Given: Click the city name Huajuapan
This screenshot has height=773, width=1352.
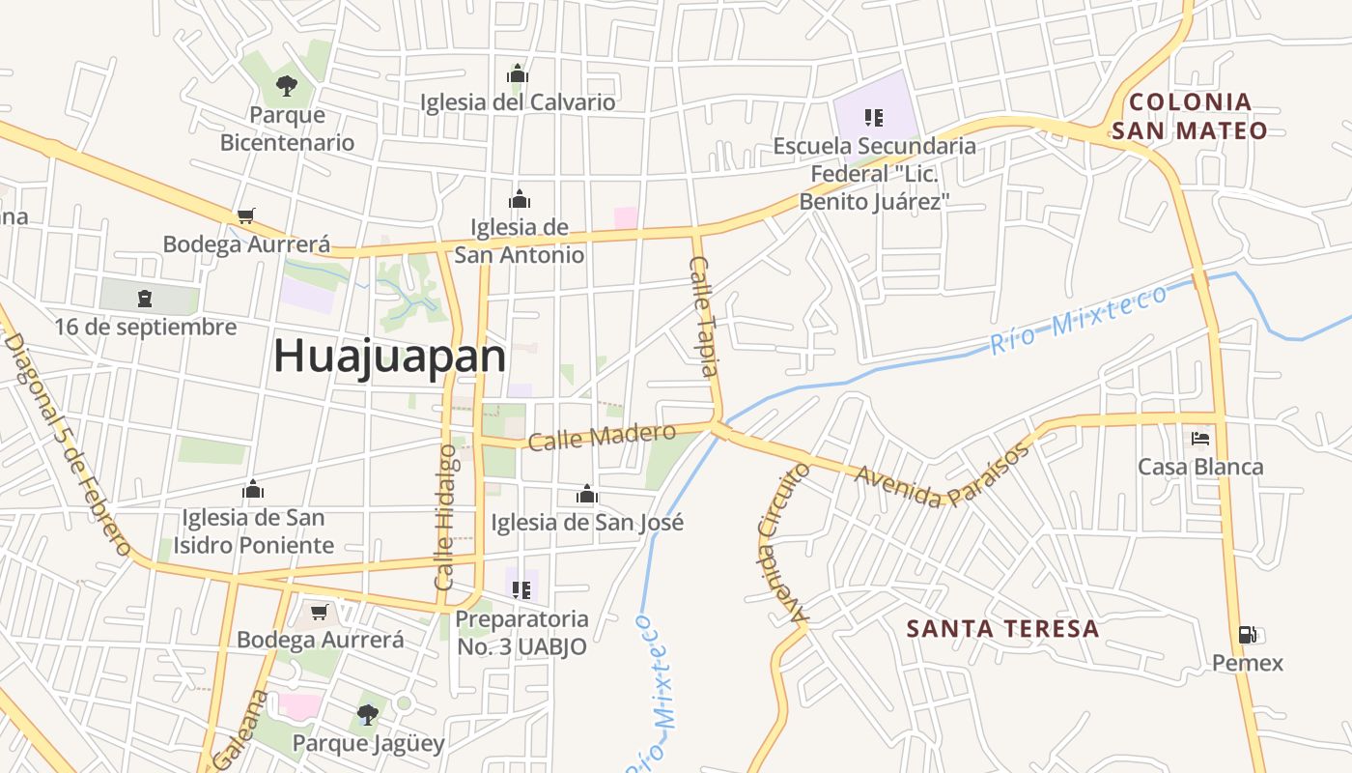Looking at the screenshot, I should coord(389,357).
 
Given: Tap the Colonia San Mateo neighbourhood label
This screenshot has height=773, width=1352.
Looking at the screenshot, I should coord(1189,116).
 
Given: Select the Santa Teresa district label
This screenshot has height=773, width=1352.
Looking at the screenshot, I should coord(1002,629).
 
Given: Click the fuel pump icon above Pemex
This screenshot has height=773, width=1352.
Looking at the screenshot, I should coord(1248,635).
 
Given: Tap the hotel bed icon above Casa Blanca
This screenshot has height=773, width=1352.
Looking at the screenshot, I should coord(1200,439).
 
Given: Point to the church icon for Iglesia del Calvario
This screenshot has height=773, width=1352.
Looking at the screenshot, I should coord(518,73).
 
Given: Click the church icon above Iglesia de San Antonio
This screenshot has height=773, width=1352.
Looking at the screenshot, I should coord(520,199).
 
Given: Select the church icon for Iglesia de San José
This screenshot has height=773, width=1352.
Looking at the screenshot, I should coord(586,496).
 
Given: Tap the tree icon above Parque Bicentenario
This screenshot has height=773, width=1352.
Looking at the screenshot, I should coord(286,85).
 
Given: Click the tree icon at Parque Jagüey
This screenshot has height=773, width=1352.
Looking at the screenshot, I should coord(367,715).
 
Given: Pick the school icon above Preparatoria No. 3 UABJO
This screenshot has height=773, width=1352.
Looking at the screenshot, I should coord(521,589).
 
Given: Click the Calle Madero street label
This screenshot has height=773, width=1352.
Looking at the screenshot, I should coord(602,437).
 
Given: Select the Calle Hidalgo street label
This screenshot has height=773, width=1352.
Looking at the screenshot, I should coord(445,517).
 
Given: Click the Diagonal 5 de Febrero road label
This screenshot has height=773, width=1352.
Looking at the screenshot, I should coord(68,444).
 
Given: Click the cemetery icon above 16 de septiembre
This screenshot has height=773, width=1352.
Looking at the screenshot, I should coord(144,298).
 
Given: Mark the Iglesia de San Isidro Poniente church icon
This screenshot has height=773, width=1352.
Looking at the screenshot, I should coord(253,490).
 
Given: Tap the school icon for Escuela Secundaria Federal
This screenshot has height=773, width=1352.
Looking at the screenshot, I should coord(874,118).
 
